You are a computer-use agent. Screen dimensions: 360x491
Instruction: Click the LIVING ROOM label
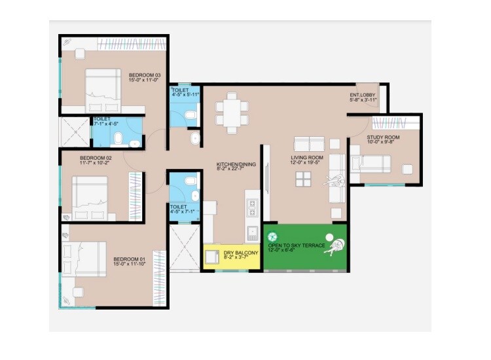coord(307,157)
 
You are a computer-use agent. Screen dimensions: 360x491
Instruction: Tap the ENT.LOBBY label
coord(363,95)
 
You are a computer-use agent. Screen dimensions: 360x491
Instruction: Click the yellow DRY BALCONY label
coord(242,252)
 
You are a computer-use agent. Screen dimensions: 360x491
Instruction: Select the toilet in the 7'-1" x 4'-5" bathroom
coord(118,138)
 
